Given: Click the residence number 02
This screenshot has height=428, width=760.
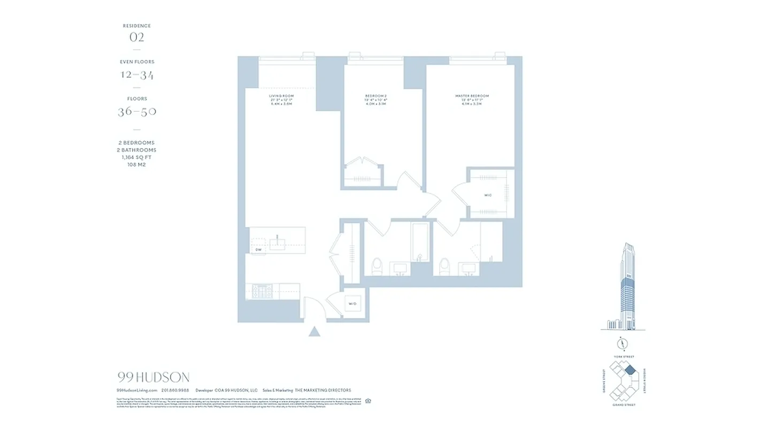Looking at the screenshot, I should (x=137, y=37).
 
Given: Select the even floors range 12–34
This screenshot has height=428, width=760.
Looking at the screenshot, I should (x=137, y=75).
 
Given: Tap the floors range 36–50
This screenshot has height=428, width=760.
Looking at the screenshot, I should (x=137, y=112).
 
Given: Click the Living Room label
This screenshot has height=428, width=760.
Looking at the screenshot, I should (x=281, y=96).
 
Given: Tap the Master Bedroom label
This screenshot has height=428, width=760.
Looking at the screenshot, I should (x=472, y=96).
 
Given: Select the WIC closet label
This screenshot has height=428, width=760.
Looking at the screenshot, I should (x=488, y=195).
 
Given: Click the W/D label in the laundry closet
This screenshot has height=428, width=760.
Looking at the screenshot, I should (x=352, y=304).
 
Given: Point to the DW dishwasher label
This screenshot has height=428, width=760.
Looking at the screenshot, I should (x=258, y=249).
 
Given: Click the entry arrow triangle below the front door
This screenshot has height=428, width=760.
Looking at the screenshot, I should (x=314, y=332).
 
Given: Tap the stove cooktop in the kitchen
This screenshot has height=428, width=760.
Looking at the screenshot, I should (x=263, y=291).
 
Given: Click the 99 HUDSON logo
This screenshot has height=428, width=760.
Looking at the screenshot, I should (x=153, y=378).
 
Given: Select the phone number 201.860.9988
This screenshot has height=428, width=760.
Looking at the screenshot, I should (x=175, y=391).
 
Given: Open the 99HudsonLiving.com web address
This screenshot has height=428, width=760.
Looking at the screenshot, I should (x=137, y=391).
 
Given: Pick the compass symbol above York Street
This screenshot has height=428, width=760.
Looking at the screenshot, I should (x=623, y=343).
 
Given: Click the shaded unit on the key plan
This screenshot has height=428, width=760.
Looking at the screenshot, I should (x=630, y=370).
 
